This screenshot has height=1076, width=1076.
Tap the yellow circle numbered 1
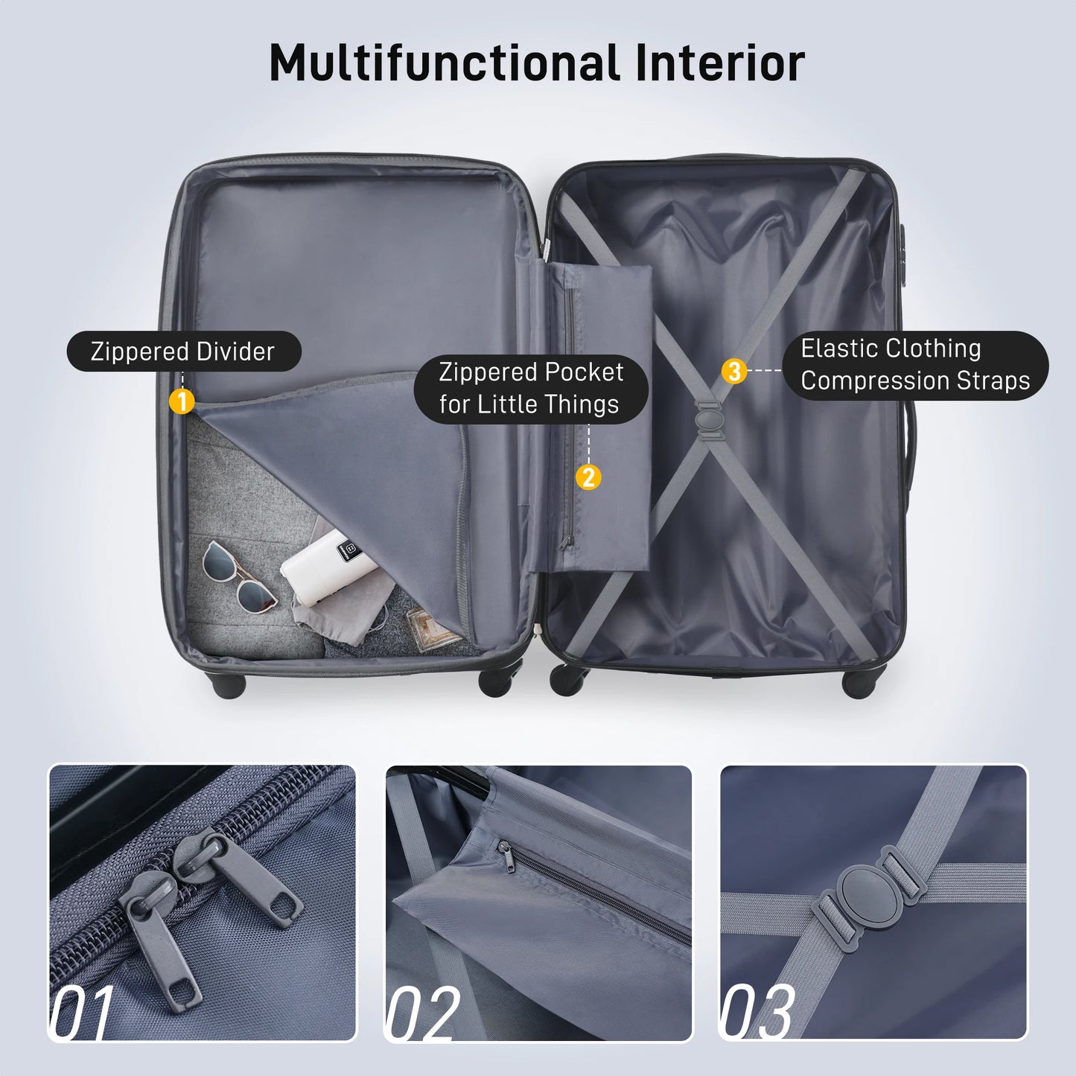[x=182, y=401]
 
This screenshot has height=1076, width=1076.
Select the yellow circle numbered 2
[x=588, y=477]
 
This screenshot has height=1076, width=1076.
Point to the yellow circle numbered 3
[x=734, y=370]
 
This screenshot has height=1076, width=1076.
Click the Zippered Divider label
[x=183, y=351]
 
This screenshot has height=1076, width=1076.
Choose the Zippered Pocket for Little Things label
[x=531, y=388]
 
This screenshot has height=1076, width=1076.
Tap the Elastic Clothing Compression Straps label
[x=914, y=365]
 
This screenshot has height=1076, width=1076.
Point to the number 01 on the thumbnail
[x=82, y=1012]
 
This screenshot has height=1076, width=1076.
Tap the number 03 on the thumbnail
[x=757, y=1012]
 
